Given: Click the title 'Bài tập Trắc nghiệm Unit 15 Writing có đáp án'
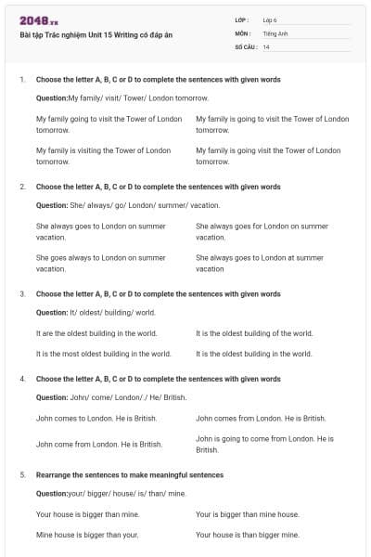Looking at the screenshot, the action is (x=96, y=35).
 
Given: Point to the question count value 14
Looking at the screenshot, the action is (x=266, y=46).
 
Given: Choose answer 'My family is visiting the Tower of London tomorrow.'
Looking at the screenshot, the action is (x=103, y=156).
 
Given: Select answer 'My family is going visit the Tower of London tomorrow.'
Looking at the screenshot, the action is (x=272, y=156).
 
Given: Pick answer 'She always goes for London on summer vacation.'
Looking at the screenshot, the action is (x=262, y=231).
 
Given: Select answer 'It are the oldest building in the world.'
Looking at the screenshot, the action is (x=96, y=333).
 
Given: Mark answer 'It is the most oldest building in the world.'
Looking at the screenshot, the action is (x=103, y=354).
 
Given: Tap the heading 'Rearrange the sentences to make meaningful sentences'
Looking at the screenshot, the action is (x=129, y=474).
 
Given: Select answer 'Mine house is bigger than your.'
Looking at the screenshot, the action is (x=87, y=535).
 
